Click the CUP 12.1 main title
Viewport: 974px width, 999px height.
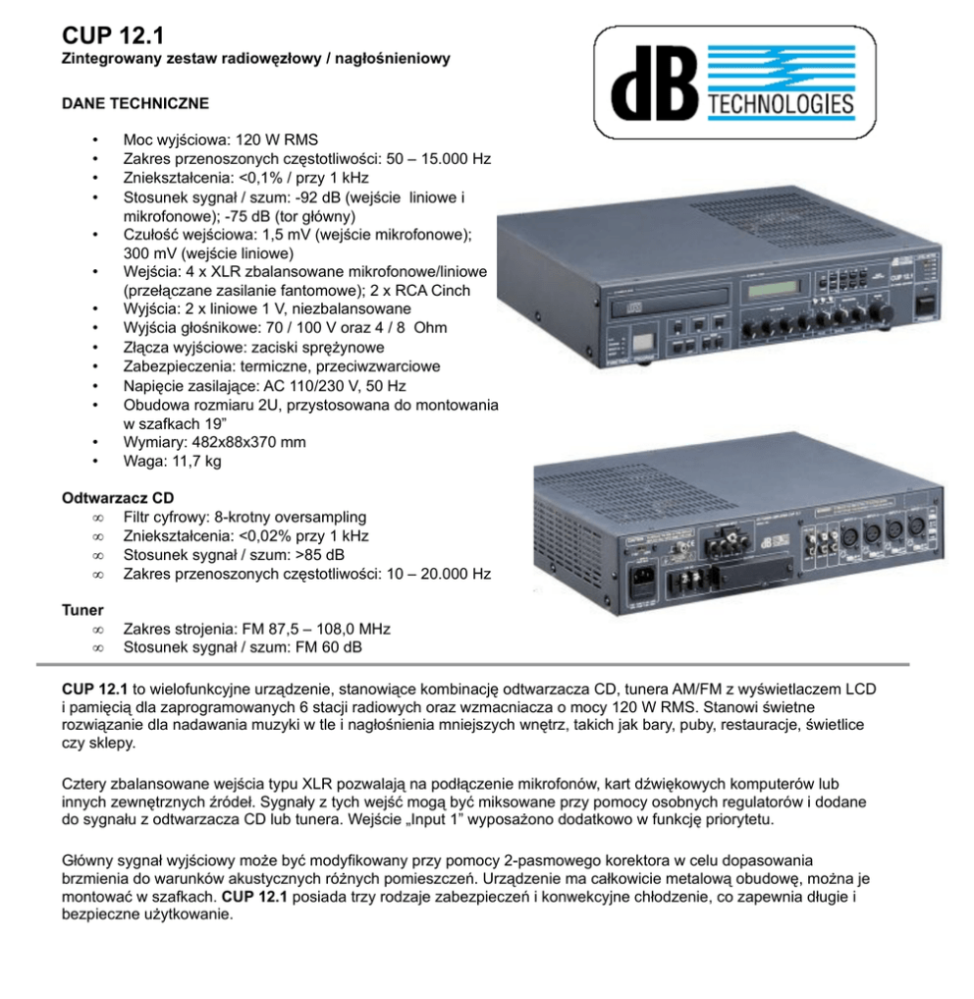(112, 35)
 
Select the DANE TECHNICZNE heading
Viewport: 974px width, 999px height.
(135, 102)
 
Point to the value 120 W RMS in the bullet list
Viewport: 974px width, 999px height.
(276, 139)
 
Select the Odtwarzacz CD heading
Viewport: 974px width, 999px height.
(118, 498)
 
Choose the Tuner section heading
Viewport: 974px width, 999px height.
(82, 610)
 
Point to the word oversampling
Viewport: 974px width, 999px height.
(319, 517)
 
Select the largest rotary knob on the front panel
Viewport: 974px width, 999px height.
(887, 312)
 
